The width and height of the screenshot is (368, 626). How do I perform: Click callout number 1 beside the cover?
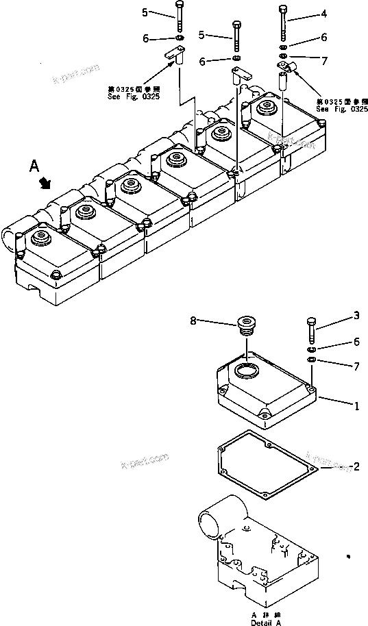pyautogui.click(x=356, y=405)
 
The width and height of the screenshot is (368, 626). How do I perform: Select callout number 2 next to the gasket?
pyautogui.click(x=356, y=467)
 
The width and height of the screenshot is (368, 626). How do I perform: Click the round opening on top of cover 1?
pyautogui.click(x=245, y=371)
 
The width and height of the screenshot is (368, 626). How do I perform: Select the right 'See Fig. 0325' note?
pyautogui.click(x=341, y=105)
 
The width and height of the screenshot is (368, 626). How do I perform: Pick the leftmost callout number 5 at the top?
pyautogui.click(x=145, y=12)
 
